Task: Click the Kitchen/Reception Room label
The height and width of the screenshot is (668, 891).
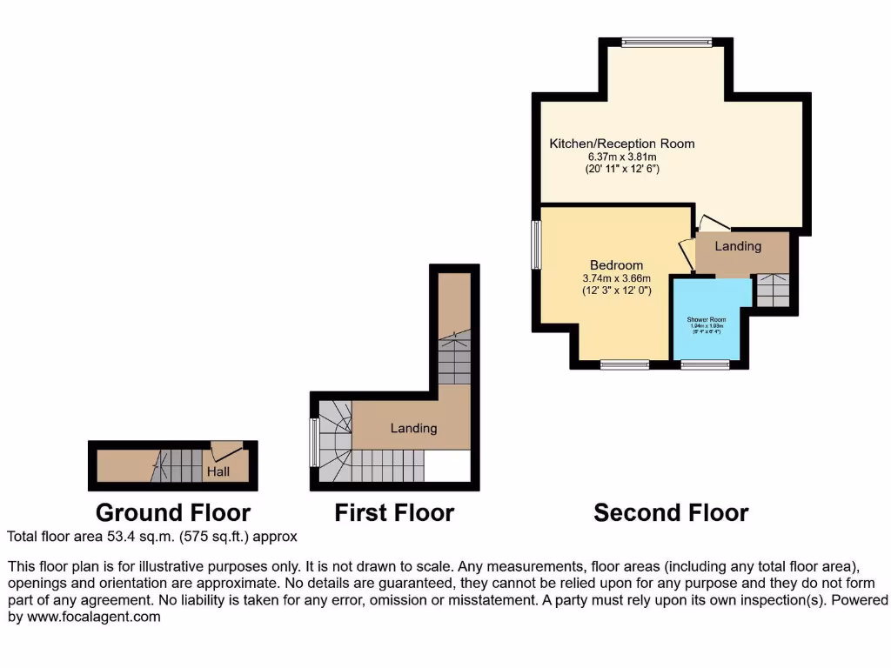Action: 621,144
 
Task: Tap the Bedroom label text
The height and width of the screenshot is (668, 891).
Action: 616,265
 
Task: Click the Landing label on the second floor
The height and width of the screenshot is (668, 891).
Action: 738,246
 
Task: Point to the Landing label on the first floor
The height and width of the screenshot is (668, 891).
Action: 413,428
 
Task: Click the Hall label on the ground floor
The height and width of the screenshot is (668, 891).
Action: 218,471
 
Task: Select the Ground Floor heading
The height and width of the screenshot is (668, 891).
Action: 172,512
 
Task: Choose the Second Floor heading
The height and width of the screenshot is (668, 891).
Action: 671,512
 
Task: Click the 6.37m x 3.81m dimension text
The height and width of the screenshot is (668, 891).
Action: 621,157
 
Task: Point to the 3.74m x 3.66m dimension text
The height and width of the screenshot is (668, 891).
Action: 616,278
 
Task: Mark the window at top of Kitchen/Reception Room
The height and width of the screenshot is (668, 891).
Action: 667,41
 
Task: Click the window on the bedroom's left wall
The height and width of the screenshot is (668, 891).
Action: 537,244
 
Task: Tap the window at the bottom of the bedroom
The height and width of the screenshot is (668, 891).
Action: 624,364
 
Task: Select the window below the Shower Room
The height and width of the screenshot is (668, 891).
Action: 705,364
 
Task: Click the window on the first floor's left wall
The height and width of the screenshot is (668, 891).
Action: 314,444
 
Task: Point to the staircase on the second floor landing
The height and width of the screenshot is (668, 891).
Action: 772,291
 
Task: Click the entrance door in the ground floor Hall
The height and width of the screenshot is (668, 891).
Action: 226,451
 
